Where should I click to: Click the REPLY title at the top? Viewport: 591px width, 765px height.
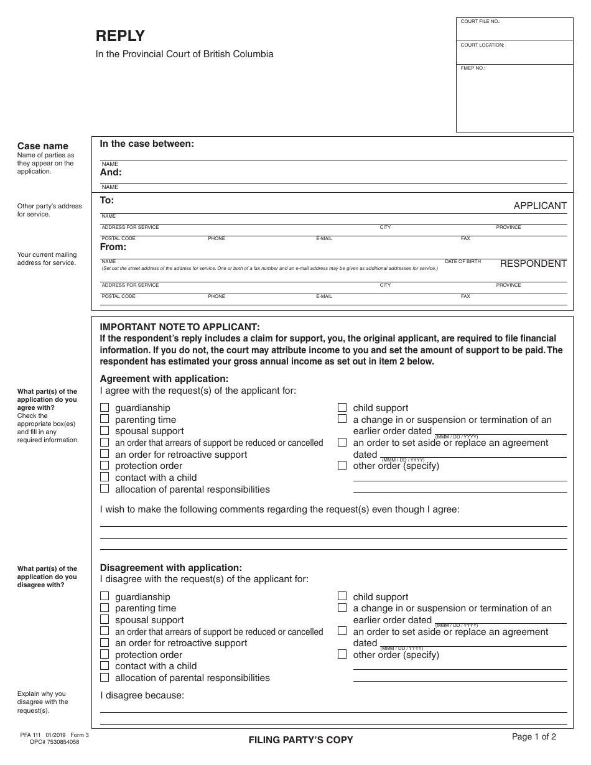pyautogui.click(x=120, y=36)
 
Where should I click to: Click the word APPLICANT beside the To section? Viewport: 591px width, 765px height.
pyautogui.click(x=540, y=206)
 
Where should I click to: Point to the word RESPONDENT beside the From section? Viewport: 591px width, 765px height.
pyautogui.click(x=533, y=264)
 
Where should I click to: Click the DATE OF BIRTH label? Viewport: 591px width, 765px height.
pyautogui.click(x=463, y=262)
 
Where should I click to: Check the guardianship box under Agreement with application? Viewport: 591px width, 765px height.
pyautogui.click(x=105, y=408)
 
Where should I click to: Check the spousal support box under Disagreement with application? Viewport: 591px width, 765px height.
pyautogui.click(x=105, y=620)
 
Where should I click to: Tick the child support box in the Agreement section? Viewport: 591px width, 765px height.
pyautogui.click(x=342, y=408)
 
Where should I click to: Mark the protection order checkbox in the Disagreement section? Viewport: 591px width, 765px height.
pyautogui.click(x=105, y=655)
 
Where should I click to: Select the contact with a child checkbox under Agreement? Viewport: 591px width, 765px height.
pyautogui.click(x=105, y=478)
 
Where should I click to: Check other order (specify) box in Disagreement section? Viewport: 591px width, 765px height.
pyautogui.click(x=342, y=655)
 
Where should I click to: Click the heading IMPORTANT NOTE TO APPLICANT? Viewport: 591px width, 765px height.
pyautogui.click(x=180, y=327)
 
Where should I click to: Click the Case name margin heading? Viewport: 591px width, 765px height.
pyautogui.click(x=42, y=146)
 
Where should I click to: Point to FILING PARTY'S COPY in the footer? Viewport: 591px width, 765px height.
pyautogui.click(x=300, y=740)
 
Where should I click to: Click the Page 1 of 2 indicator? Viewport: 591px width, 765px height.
pyautogui.click(x=534, y=737)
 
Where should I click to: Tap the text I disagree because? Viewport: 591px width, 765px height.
pyautogui.click(x=142, y=695)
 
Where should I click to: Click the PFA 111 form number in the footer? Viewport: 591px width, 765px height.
pyautogui.click(x=29, y=735)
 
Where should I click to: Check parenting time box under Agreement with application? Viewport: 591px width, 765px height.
pyautogui.click(x=105, y=420)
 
